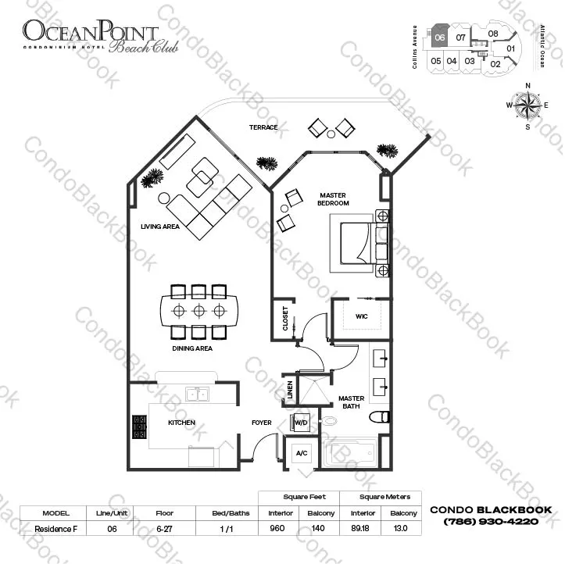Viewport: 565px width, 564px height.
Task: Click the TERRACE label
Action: coord(263,127)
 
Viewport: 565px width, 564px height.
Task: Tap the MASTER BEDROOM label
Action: coord(334,198)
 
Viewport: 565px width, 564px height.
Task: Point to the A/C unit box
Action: coord(301,454)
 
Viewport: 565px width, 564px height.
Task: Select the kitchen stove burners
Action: coord(140,427)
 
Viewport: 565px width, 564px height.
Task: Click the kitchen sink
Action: coord(196,394)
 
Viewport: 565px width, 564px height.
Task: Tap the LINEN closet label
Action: coord(289,389)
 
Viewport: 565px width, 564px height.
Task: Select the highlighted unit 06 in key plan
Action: coord(440,37)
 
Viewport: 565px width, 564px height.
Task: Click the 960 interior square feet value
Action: coord(274,528)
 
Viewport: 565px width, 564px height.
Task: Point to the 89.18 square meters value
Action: coord(362,528)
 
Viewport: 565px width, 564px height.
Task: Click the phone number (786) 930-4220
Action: coord(492,522)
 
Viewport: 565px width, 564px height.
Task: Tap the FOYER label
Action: coord(261,423)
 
